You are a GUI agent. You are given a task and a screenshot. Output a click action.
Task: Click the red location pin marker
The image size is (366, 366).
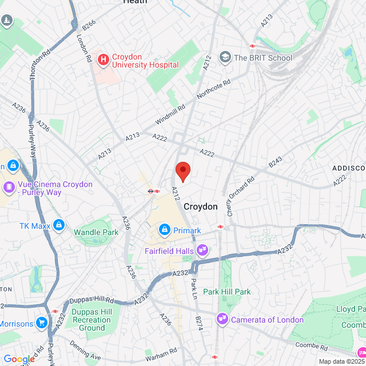[182, 170]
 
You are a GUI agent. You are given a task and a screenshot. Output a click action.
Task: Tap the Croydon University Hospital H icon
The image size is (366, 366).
[104, 58]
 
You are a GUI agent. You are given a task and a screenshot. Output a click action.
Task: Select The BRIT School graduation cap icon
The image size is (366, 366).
[226, 57]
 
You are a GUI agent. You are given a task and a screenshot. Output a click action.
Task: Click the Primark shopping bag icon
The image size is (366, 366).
[164, 230]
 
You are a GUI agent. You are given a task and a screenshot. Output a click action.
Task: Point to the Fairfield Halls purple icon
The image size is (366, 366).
[202, 249]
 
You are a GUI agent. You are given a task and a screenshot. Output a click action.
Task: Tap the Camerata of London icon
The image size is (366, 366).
[222, 319]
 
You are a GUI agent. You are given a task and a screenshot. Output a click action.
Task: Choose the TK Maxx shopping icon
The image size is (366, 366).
[58, 225]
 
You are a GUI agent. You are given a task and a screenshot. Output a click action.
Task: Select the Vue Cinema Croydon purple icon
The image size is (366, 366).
[9, 186]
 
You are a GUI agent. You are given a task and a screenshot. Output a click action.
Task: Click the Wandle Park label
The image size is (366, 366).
[96, 232]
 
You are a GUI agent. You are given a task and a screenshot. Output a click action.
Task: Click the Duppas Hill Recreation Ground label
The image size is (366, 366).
[92, 320]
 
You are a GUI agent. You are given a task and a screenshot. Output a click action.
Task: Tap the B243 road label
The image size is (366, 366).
[276, 164]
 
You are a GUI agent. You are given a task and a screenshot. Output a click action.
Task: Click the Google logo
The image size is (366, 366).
[19, 359]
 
